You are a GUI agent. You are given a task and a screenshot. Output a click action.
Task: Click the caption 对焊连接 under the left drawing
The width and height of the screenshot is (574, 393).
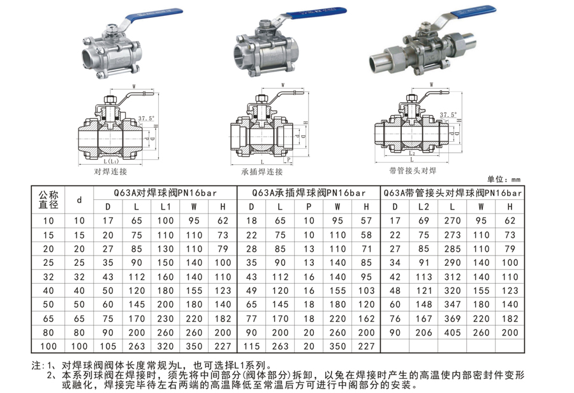click(110, 171)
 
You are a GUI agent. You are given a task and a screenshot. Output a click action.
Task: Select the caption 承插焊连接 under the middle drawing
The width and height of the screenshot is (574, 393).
click(261, 171)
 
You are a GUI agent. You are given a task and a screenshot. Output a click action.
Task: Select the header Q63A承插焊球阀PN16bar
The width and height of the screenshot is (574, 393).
click(309, 192)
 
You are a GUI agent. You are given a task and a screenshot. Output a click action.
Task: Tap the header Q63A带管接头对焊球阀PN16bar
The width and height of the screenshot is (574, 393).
click(453, 192)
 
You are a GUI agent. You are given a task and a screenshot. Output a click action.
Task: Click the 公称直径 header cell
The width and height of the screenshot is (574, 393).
click(48, 199)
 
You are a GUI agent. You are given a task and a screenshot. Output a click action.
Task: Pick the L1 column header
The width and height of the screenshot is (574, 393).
click(165, 207)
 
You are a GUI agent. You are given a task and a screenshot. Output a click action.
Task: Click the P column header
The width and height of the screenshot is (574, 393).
click(309, 207)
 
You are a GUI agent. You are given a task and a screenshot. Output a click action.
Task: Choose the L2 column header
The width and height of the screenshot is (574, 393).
click(423, 207)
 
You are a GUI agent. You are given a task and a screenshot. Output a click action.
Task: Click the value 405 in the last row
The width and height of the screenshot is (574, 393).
click(453, 333)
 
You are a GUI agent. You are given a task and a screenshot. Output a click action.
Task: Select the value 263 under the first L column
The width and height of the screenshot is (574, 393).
click(136, 346)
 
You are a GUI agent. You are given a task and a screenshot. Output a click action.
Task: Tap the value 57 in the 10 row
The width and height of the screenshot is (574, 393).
click(366, 221)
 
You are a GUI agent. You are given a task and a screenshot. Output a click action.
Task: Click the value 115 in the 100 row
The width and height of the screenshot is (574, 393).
click(251, 346)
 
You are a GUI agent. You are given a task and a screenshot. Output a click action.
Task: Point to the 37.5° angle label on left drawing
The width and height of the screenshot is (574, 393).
click(147, 118)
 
